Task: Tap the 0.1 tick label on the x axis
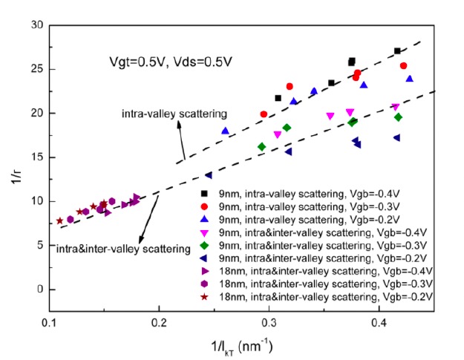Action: [x=49, y=324]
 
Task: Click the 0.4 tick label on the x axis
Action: [x=379, y=324]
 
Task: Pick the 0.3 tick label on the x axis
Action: [x=269, y=324]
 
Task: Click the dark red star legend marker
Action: [x=203, y=297]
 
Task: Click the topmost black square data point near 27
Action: [x=397, y=51]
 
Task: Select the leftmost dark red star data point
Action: [x=59, y=220]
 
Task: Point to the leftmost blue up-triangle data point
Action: [x=225, y=131]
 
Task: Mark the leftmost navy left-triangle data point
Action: [x=209, y=175]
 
